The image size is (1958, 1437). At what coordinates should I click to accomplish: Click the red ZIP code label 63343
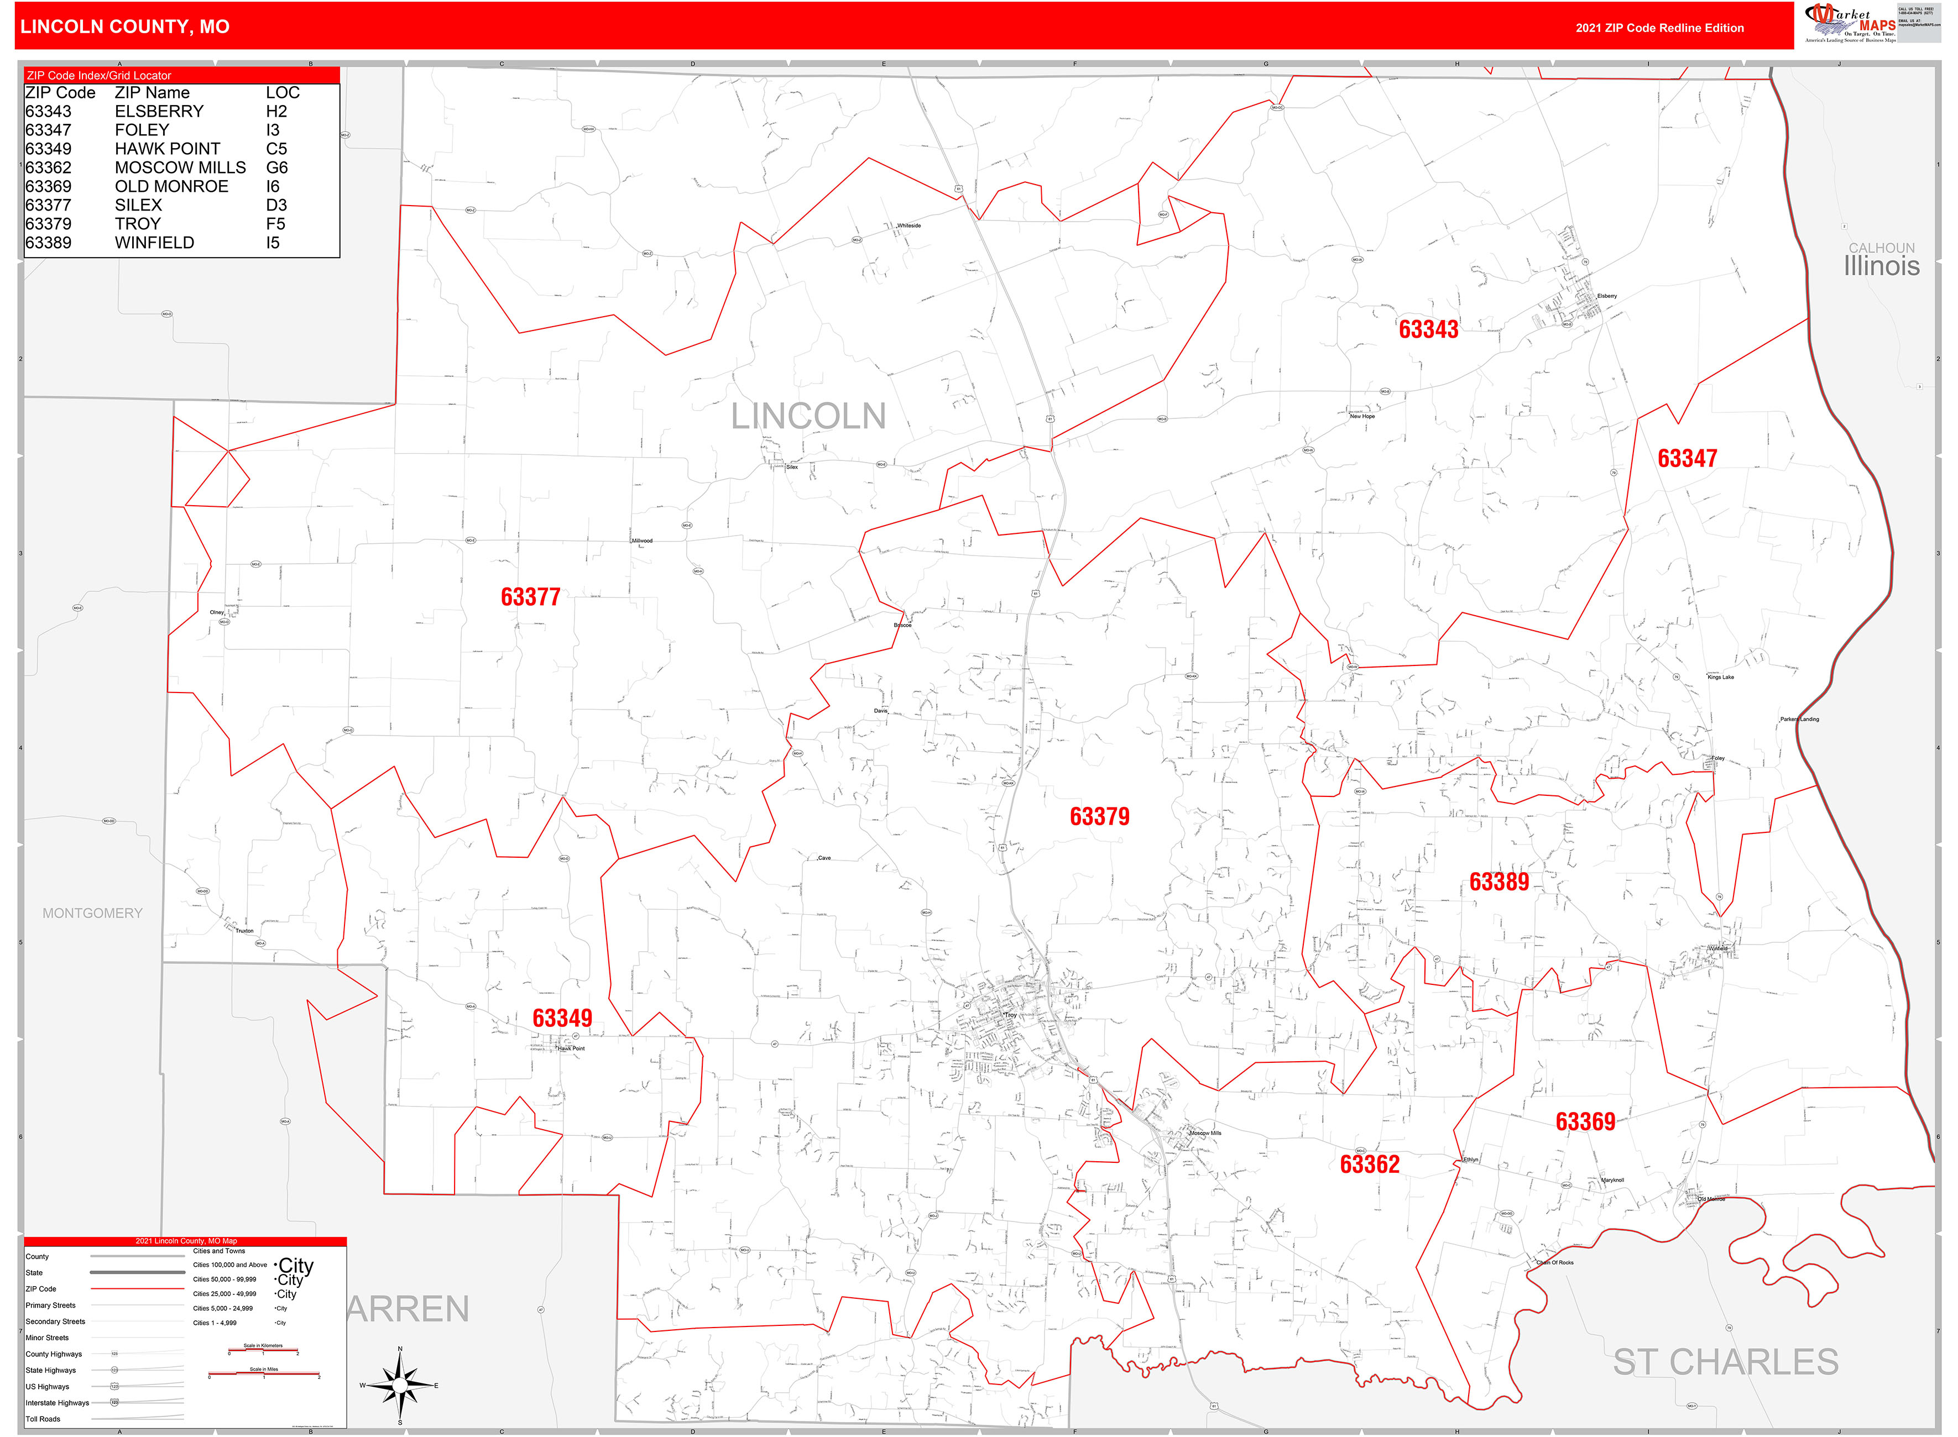1428,329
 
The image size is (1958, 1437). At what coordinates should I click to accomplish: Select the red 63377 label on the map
530,597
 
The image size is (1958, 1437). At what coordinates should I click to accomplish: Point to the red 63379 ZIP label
1099,817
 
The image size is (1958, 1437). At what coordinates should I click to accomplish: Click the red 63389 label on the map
1498,882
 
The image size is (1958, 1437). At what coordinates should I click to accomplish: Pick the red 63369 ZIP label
1585,1122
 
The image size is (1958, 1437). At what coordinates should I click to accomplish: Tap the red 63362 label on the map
1369,1165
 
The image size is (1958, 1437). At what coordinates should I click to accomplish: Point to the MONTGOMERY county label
92,914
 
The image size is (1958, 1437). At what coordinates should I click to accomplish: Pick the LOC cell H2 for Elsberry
276,111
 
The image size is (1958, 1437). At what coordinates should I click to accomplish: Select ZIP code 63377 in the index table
49,205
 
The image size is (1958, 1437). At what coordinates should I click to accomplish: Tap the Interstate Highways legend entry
58,1402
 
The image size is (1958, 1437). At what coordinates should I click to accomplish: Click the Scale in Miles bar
264,1373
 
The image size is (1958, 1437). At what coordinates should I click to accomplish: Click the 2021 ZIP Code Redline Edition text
1659,28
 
